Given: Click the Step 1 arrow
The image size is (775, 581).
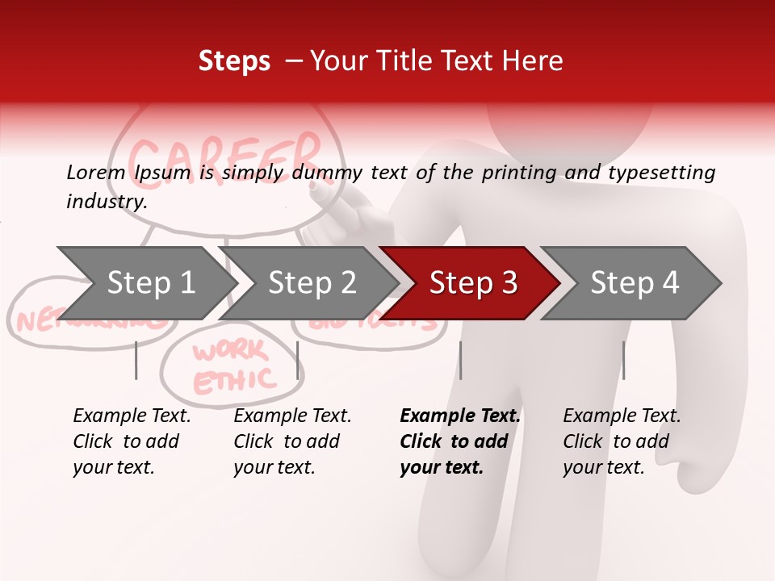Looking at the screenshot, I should pyautogui.click(x=150, y=282).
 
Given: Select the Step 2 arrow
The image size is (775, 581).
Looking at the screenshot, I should pyautogui.click(x=312, y=282).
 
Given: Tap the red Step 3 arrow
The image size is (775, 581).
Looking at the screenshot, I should pyautogui.click(x=473, y=282).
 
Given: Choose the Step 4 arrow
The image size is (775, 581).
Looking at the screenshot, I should pyautogui.click(x=635, y=282).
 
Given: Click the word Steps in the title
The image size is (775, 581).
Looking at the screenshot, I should pyautogui.click(x=234, y=61).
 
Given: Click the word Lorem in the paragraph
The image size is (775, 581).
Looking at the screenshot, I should pyautogui.click(x=95, y=172).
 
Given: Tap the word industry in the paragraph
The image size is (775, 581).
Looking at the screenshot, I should pyautogui.click(x=106, y=201).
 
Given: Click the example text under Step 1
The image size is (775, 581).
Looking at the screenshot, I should pyautogui.click(x=132, y=441).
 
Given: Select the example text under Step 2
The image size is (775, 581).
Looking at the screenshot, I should pyautogui.click(x=292, y=441).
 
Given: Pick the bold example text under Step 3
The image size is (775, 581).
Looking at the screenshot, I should pyautogui.click(x=460, y=441).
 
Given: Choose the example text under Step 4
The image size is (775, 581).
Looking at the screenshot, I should pyautogui.click(x=622, y=441).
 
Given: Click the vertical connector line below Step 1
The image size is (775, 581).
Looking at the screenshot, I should pyautogui.click(x=136, y=360).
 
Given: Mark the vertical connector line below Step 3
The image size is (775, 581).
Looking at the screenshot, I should pyautogui.click(x=461, y=360).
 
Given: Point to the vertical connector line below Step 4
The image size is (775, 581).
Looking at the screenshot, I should pyautogui.click(x=623, y=360).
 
